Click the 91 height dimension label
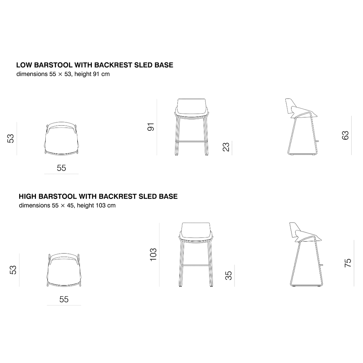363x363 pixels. tap(151, 127)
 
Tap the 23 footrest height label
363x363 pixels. tap(226, 147)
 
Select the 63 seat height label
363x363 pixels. tap(345, 135)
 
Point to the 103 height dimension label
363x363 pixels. tap(153, 255)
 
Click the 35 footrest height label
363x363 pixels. tap(228, 276)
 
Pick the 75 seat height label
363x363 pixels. tap(348, 263)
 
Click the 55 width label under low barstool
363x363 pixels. tap(61, 168)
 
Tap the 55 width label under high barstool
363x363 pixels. tap(64, 299)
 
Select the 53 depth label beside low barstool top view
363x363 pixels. tap(11, 138)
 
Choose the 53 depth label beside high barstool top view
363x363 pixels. tap(13, 270)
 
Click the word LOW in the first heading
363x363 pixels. tap(24, 65)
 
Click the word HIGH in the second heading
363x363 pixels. tap(28, 196)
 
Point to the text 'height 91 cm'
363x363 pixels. tap(92, 74)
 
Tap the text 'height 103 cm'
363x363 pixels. tap(96, 205)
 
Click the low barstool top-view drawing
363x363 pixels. tap(62, 138)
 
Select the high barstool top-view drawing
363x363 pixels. tap(64, 270)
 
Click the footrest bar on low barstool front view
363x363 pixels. tap(191, 140)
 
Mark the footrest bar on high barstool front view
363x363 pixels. tap(196, 265)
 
